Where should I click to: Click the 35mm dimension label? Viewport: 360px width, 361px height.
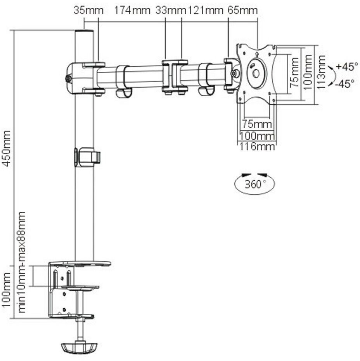pos(88,10)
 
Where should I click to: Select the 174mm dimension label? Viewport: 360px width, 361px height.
pos(132,10)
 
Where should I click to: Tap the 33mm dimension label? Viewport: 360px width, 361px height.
pos(170,10)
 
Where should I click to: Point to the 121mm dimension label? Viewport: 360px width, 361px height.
pos(206,10)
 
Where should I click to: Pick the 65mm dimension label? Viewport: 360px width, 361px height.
pos(242,10)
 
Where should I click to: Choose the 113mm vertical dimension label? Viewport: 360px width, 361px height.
pos(321,72)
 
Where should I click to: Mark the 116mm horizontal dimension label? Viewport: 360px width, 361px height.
pos(257,146)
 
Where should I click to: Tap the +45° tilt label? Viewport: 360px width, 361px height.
pos(347,67)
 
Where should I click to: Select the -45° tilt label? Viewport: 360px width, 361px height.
pos(345,84)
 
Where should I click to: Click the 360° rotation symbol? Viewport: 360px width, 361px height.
pos(254,183)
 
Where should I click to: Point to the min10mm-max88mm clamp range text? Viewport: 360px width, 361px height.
pos(22,262)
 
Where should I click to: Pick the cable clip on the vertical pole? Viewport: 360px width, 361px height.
pos(87,157)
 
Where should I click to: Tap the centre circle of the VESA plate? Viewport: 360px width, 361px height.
pos(256,74)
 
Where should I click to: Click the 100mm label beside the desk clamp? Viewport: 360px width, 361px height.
pos(6,290)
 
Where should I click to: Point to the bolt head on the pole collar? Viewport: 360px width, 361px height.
pos(68,79)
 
